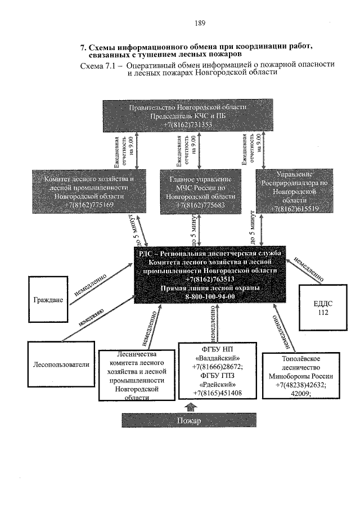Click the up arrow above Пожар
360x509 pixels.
pos(191,406)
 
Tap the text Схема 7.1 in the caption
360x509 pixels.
pos(101,65)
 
